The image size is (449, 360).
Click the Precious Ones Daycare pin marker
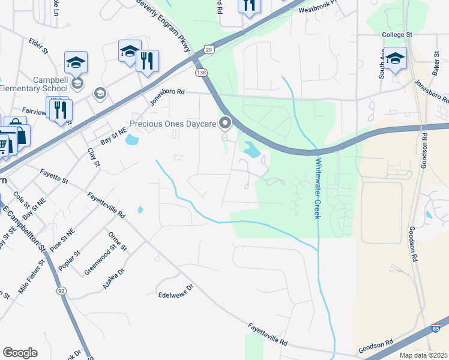coord(225,124)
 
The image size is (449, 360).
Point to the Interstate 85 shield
coord(435,329)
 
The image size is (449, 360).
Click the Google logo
coord(20,352)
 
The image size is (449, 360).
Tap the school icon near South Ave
coord(395,58)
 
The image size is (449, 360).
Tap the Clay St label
coord(93,159)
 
